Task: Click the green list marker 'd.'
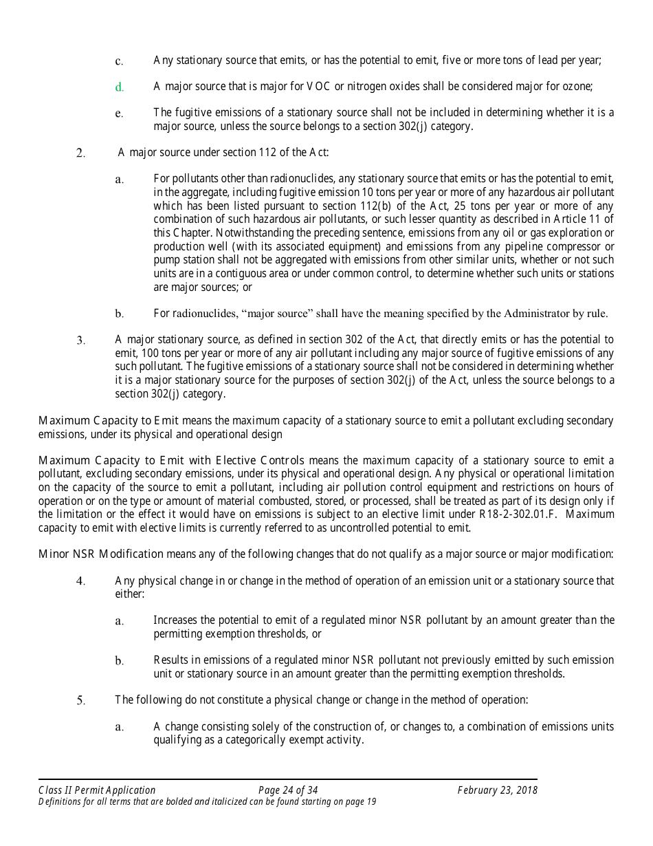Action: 119,87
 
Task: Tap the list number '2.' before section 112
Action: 80,153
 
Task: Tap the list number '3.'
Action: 80,340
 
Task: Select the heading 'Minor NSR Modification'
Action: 101,554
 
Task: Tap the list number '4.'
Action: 80,581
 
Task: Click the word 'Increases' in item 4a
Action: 175,620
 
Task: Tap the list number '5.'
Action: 80,701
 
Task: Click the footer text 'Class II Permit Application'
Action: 97,790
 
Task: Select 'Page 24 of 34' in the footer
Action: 288,790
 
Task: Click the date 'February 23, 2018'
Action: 497,790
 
